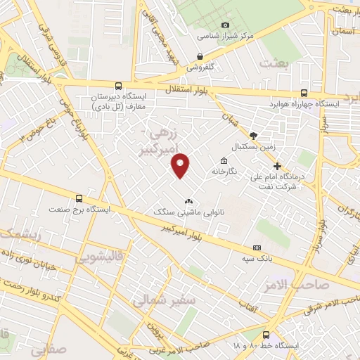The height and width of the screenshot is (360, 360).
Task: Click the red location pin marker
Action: [181, 165]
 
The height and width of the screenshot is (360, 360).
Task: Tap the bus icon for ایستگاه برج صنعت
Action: [79, 198]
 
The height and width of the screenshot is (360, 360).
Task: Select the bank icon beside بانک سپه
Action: [257, 247]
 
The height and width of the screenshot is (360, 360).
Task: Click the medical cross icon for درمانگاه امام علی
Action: [278, 167]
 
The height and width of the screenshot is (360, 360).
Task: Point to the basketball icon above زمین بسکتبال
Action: [253, 136]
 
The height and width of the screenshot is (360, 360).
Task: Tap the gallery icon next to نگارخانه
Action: [224, 161]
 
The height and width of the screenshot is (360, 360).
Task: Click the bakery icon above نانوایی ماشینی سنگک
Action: [188, 201]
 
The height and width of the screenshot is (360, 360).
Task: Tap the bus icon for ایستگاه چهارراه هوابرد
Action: [304, 93]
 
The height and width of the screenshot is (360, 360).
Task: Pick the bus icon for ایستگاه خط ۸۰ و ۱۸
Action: [266, 335]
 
